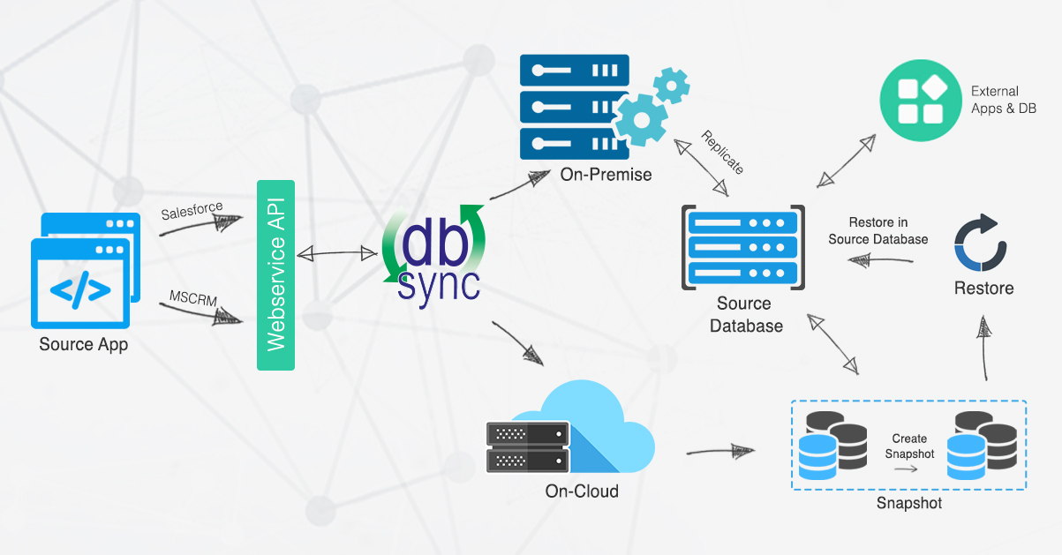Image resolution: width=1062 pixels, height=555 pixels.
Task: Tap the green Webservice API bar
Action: [x=275, y=274]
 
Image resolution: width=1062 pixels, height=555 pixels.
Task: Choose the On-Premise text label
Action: [x=606, y=175]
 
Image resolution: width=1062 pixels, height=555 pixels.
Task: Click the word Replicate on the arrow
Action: [x=723, y=152]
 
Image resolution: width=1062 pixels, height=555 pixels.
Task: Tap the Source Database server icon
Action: [x=742, y=247]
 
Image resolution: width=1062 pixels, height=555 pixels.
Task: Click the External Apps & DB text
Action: [x=1004, y=100]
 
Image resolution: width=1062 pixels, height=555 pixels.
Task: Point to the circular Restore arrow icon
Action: [x=981, y=241]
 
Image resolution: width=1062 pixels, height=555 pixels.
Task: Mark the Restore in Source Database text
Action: [x=877, y=231]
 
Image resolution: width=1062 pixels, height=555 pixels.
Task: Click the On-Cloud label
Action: [x=582, y=491]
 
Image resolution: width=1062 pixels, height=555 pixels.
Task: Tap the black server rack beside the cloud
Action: [x=527, y=446]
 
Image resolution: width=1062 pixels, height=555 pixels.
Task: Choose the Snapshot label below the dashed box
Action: [x=908, y=503]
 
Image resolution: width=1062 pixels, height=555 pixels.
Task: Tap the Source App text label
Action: [x=83, y=344]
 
